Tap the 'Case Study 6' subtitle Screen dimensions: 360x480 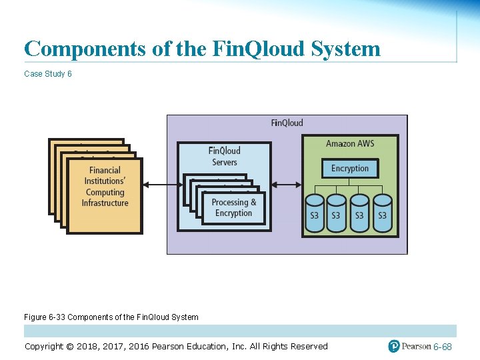48,74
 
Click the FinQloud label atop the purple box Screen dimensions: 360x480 287,123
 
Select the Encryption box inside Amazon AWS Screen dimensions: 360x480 350,169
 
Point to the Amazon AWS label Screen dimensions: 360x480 350,144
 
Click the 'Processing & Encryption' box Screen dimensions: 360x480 233,208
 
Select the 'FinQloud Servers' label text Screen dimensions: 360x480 224,156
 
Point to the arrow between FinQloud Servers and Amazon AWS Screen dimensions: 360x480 287,185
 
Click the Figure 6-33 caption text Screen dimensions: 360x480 111,317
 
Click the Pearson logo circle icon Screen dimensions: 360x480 394,346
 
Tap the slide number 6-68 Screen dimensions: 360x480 443,347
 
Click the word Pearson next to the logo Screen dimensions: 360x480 416,347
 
